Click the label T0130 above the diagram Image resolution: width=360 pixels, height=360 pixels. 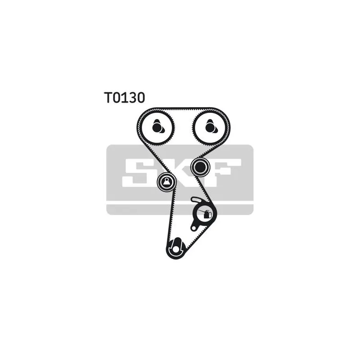tap(125, 97)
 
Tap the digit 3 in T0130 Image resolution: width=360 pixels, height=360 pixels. tap(132, 97)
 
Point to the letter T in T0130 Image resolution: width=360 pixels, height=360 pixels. tap(108, 97)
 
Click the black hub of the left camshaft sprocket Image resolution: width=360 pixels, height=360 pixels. tap(157, 127)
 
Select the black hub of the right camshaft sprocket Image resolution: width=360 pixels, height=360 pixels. tap(210, 127)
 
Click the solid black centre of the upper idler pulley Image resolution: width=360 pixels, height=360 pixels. tap(200, 167)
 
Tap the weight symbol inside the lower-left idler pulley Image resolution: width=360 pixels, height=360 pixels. tap(166, 181)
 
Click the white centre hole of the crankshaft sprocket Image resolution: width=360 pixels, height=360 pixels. tap(176, 249)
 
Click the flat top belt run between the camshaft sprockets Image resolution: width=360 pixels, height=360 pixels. tap(183, 108)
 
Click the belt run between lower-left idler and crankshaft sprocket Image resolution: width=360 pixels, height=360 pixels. tap(171, 216)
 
